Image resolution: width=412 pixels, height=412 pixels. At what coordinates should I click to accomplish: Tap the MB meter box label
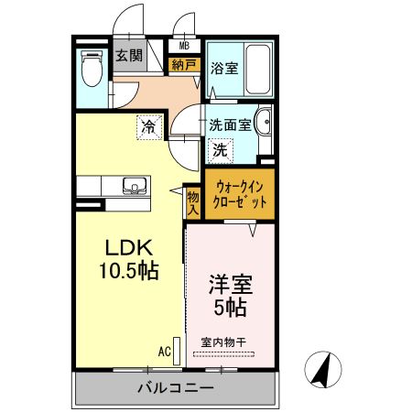pos(184,46)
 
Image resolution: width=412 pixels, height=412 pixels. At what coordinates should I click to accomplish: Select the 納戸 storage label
pos(184,64)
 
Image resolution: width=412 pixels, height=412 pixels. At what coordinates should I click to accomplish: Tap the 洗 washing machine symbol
pos(220,148)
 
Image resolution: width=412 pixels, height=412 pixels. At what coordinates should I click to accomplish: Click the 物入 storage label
pos(193,203)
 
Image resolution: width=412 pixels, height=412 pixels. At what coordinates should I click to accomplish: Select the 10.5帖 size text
pos(130,271)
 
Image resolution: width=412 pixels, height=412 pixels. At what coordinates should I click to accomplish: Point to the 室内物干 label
pos(225,342)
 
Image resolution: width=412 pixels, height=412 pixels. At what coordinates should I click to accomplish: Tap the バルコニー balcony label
pos(176,388)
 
